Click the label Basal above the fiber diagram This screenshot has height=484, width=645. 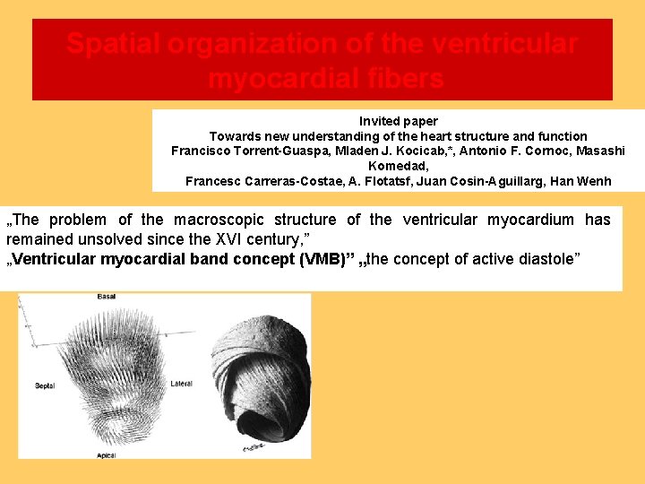pos(107,297)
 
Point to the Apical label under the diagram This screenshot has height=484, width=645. pos(107,455)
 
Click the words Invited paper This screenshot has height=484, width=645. pos(398,121)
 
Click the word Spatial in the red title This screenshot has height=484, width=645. pos(111,44)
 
